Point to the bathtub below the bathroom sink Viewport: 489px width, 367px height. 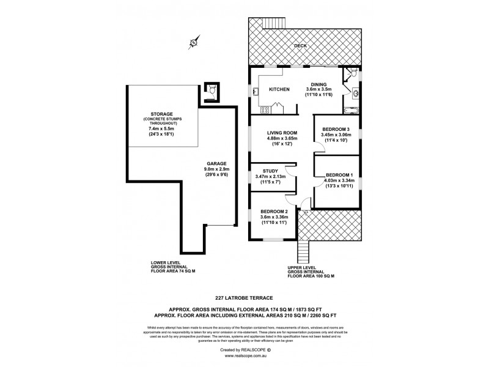pyautogui.click(x=352, y=111)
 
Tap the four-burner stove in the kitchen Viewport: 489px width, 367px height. pyautogui.click(x=265, y=111)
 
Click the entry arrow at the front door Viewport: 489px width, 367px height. pyautogui.click(x=297, y=212)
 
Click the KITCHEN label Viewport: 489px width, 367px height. pyautogui.click(x=280, y=89)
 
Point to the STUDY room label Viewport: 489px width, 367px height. pyautogui.click(x=271, y=171)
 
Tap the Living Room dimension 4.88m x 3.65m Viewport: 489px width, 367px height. pyautogui.click(x=281, y=138)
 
